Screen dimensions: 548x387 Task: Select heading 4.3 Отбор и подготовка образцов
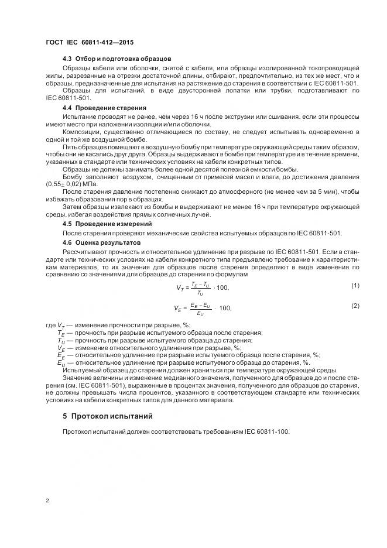[x=117, y=60]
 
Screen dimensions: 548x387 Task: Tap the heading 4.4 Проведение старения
[x=104, y=109]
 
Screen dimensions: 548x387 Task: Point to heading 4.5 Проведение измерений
[x=107, y=224]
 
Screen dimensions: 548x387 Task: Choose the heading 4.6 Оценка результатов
[x=101, y=242]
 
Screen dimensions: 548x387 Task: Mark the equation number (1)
[x=355, y=285]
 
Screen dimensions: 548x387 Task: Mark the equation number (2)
[x=355, y=306]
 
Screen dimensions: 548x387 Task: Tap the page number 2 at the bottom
[x=47, y=501]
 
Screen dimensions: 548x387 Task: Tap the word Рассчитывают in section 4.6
[x=84, y=251]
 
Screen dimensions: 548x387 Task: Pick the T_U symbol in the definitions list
[x=61, y=341]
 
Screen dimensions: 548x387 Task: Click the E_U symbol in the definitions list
[x=61, y=363]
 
